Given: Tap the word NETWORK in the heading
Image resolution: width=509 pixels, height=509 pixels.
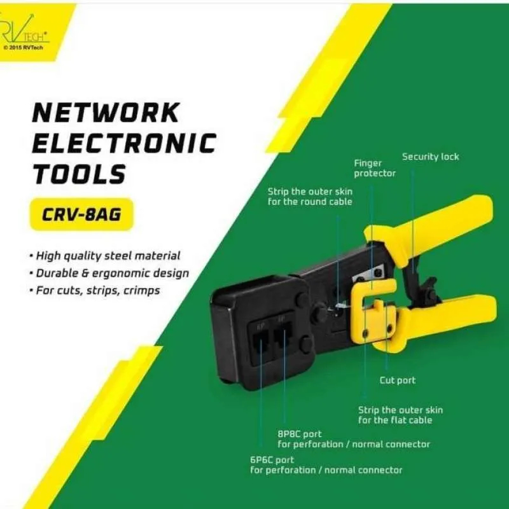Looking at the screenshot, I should pos(106,113).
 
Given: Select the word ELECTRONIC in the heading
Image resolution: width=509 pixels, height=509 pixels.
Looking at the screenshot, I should pos(124,143).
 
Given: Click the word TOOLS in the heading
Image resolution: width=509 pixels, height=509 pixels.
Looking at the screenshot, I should pos(80,173).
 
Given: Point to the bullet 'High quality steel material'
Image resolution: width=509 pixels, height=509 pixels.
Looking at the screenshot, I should pos(108,256).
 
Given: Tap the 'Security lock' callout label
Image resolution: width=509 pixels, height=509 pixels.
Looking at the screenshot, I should pos(430,157).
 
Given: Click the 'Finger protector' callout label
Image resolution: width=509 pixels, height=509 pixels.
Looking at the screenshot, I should pos(375,169).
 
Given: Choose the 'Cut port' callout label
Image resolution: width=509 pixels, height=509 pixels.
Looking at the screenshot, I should pos(397,380).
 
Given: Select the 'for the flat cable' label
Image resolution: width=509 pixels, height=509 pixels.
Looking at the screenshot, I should pos(394,420).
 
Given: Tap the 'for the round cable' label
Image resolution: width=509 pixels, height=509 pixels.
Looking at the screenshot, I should pos(309,202).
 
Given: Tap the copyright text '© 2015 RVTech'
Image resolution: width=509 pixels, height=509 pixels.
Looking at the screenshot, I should pos(23,47).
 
